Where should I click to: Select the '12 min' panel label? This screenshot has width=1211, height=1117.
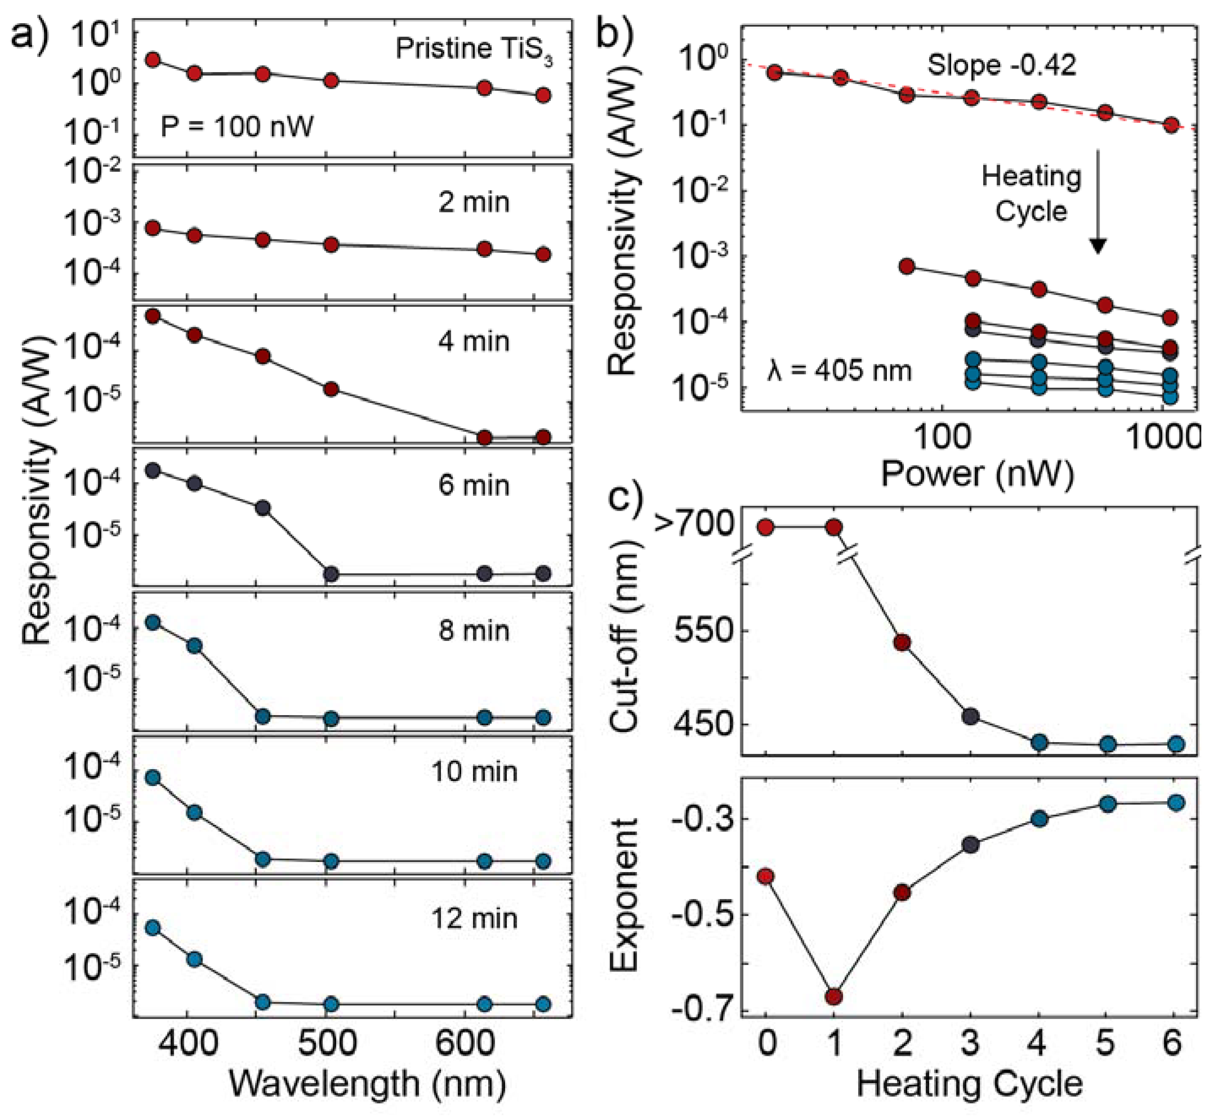[x=474, y=918]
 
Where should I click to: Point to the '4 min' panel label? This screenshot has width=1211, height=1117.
[x=474, y=342]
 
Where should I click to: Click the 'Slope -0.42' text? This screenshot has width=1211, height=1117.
[x=1002, y=65]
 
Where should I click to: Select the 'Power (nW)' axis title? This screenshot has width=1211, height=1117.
[x=977, y=474]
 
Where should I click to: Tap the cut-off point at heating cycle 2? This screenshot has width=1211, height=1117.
[x=902, y=643]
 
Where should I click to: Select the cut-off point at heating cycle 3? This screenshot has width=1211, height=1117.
[x=970, y=717]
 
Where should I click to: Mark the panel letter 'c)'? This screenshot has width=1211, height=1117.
[x=625, y=500]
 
